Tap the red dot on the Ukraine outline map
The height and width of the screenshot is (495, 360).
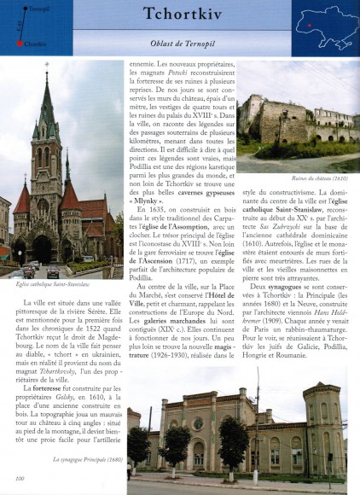308,25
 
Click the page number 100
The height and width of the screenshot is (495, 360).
19,488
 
